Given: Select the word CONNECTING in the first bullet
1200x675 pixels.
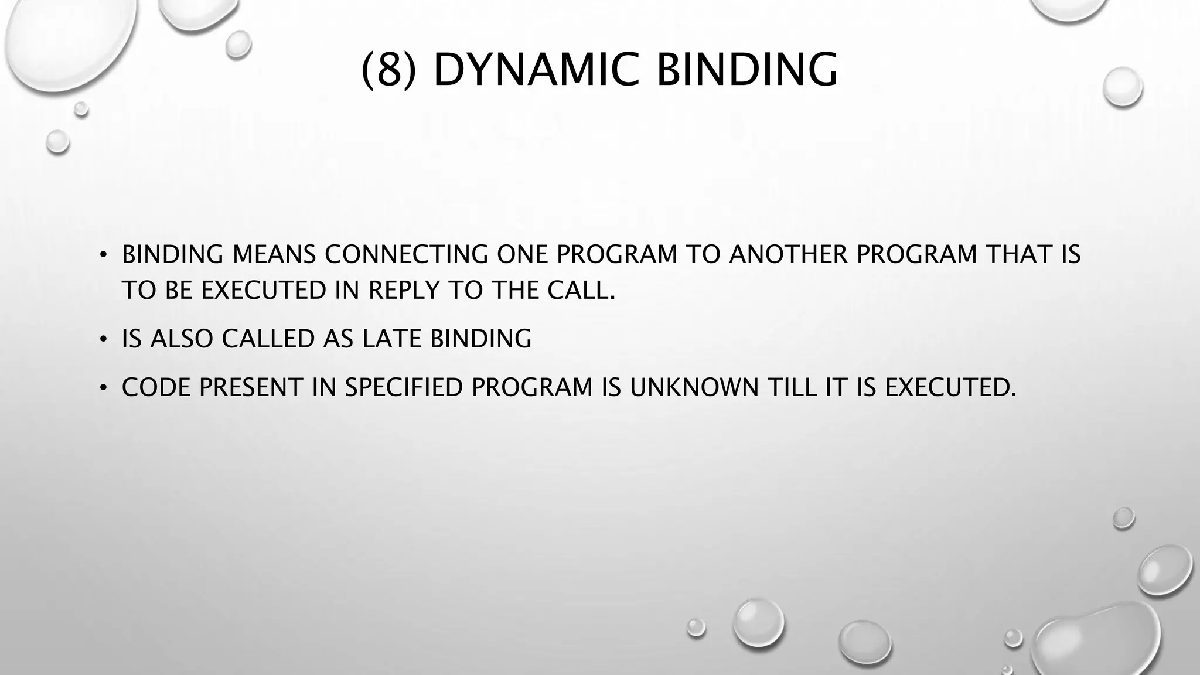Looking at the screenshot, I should click(x=406, y=254).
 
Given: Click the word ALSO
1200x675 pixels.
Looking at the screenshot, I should click(x=181, y=339).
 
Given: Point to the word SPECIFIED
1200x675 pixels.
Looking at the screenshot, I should click(x=404, y=387).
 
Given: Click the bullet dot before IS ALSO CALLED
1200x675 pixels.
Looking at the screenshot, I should click(x=103, y=339).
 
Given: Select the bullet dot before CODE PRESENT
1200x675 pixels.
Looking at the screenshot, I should click(x=103, y=387).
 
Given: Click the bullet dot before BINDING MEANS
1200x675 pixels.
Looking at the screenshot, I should click(x=103, y=254).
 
